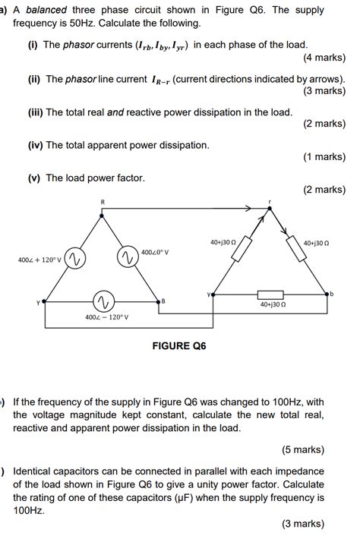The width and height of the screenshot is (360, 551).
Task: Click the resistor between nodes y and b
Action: click(270, 294)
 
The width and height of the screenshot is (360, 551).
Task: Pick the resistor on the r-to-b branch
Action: click(296, 247)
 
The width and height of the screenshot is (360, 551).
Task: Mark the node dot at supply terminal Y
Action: click(46, 301)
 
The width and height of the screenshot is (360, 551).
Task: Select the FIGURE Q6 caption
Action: click(179, 346)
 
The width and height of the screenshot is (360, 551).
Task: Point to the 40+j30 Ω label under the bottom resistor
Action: click(273, 304)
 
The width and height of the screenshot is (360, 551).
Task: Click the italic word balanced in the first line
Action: click(47, 11)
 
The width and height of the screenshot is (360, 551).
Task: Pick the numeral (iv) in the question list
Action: click(33, 145)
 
